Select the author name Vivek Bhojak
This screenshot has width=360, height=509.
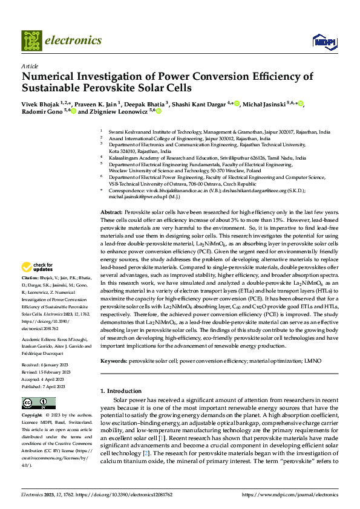(42, 103)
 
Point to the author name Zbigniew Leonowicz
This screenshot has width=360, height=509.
(122, 112)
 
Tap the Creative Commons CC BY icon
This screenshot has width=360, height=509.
(30, 403)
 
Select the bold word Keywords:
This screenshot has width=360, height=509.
(113, 360)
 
